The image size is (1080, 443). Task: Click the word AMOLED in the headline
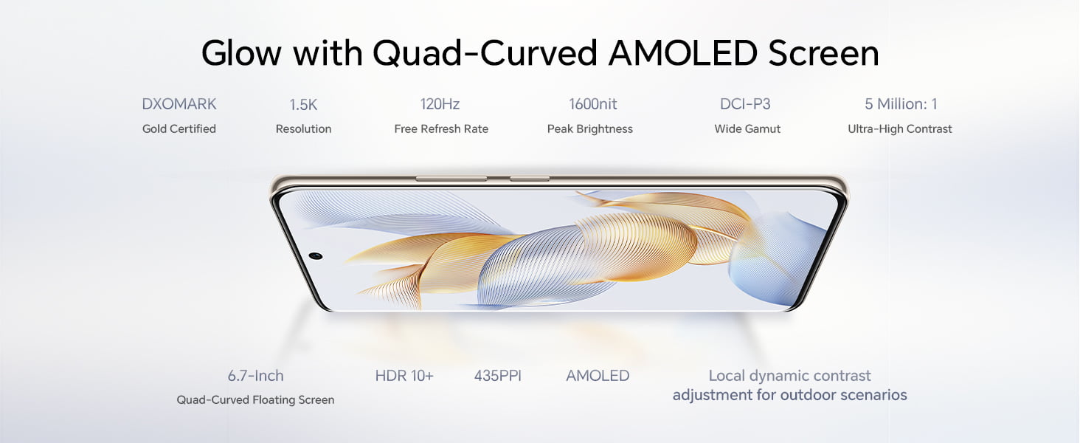pyautogui.click(x=682, y=52)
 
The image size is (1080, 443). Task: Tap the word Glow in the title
pyautogui.click(x=241, y=52)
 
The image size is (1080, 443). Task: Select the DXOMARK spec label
pyautogui.click(x=179, y=104)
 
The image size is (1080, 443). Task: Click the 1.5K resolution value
pyautogui.click(x=303, y=105)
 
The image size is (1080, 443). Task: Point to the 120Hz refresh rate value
pyautogui.click(x=440, y=104)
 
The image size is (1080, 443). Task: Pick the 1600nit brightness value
pyautogui.click(x=592, y=104)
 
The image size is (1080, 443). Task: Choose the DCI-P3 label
pyautogui.click(x=745, y=104)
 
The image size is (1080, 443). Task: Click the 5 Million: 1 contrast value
pyautogui.click(x=901, y=104)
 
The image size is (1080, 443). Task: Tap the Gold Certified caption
pyautogui.click(x=179, y=129)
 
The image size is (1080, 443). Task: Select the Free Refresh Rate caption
pyautogui.click(x=441, y=129)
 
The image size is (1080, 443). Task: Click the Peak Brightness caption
pyautogui.click(x=589, y=129)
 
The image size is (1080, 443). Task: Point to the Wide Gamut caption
pyautogui.click(x=747, y=129)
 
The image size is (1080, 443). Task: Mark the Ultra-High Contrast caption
pyautogui.click(x=900, y=129)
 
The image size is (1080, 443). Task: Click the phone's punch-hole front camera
pyautogui.click(x=315, y=255)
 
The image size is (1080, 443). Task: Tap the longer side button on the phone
pyautogui.click(x=451, y=179)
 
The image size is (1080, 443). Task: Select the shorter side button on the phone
pyautogui.click(x=530, y=179)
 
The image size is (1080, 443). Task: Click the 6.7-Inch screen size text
pyautogui.click(x=255, y=375)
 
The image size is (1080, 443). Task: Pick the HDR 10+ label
pyautogui.click(x=404, y=375)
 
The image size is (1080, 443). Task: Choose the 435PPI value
pyautogui.click(x=497, y=375)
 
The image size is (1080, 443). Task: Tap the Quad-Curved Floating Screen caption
pyautogui.click(x=255, y=400)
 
